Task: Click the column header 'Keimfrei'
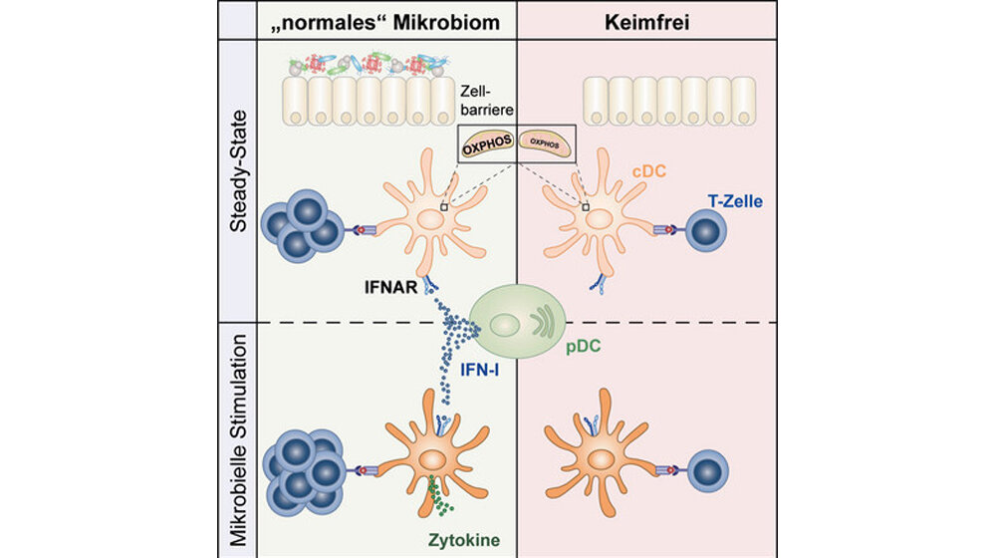(x=648, y=19)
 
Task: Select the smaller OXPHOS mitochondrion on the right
(x=547, y=144)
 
